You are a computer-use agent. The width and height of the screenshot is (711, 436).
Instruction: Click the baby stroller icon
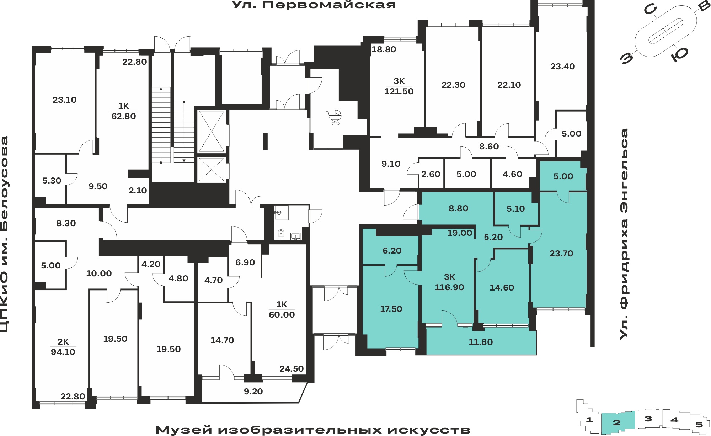(x=334, y=118)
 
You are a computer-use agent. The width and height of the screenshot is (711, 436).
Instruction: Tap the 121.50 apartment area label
(x=399, y=91)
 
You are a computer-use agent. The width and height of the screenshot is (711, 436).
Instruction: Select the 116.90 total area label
(x=449, y=287)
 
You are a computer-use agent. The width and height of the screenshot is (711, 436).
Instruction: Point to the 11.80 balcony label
(x=481, y=342)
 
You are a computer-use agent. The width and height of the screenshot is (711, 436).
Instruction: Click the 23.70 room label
(x=561, y=254)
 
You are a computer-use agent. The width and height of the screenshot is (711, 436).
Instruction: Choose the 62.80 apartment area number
(x=123, y=116)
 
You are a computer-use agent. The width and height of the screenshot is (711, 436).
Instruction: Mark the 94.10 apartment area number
(x=63, y=352)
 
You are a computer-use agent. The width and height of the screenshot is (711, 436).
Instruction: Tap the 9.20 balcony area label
(x=253, y=392)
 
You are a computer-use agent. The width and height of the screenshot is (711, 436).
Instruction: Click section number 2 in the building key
(x=617, y=422)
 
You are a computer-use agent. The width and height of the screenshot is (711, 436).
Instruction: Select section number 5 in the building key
(x=699, y=425)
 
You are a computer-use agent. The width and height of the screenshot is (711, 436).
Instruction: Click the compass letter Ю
(x=680, y=54)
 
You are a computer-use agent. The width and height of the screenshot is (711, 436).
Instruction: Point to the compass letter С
(x=650, y=10)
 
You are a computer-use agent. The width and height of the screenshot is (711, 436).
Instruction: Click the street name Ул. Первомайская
(x=314, y=5)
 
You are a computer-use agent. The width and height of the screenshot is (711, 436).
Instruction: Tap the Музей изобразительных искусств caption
(x=313, y=430)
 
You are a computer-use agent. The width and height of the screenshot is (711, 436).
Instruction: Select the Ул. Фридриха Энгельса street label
(x=624, y=234)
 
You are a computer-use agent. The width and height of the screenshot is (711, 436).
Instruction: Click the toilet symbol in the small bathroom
(x=281, y=234)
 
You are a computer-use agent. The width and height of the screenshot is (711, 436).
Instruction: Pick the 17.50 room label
(x=391, y=309)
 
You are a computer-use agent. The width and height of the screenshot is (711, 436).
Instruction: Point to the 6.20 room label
(x=392, y=251)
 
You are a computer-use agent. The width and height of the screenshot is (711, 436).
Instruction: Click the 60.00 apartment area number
(x=282, y=315)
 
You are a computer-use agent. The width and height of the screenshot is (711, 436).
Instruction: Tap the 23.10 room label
(x=65, y=100)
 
